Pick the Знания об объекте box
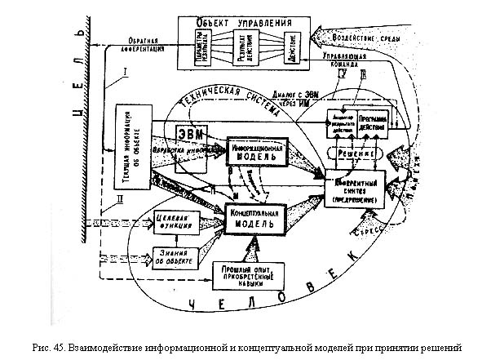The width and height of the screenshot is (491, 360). tap(173, 256)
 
